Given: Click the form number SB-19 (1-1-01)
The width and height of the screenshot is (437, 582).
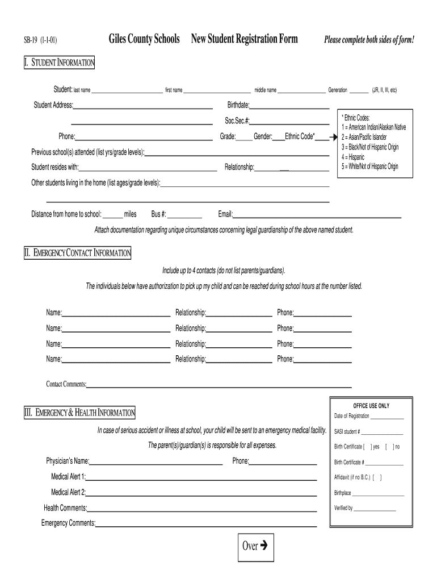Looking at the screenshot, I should click(x=40, y=40).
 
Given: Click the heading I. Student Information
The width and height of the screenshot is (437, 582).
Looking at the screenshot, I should click(x=59, y=63).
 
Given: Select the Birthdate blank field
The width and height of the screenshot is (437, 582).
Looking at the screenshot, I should click(x=289, y=107).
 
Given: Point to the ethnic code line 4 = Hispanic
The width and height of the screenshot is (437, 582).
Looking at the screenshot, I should click(x=353, y=157).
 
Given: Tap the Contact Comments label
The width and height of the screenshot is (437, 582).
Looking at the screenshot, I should click(x=66, y=384).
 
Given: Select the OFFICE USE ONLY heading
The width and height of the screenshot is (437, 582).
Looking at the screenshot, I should click(x=371, y=406).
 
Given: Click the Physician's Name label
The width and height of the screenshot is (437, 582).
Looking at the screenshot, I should click(x=68, y=461).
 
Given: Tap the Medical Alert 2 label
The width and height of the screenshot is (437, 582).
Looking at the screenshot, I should click(x=68, y=492).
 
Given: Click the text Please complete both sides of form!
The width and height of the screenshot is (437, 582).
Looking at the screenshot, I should click(x=369, y=40).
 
